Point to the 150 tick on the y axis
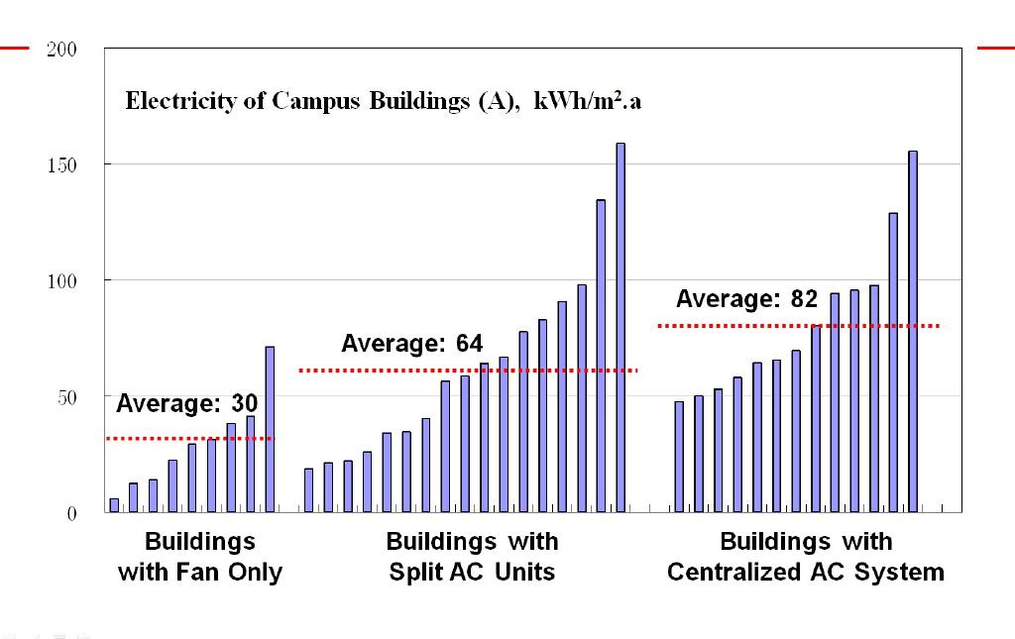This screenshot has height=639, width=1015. point(61,164)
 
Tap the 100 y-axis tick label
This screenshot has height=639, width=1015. point(61,280)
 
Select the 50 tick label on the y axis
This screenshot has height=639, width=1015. point(65,396)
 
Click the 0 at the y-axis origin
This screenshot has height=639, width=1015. point(70,513)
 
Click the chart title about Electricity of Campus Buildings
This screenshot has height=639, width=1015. point(384,101)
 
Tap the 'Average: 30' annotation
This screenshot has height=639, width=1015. point(187,403)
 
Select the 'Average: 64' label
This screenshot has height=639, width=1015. point(411,344)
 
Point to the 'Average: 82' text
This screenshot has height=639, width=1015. point(746,298)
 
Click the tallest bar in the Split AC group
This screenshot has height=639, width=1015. point(620,327)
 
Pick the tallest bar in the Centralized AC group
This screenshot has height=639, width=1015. point(913,332)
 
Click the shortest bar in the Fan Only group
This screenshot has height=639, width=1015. point(114,505)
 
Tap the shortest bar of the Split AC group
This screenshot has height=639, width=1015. point(308,490)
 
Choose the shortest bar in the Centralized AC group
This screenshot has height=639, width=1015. point(679,457)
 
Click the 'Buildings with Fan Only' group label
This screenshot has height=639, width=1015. point(200,557)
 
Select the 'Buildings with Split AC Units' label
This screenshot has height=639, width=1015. point(472,557)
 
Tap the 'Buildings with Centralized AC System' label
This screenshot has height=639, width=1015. point(805,557)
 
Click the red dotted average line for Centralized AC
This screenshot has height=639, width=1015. point(798,325)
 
